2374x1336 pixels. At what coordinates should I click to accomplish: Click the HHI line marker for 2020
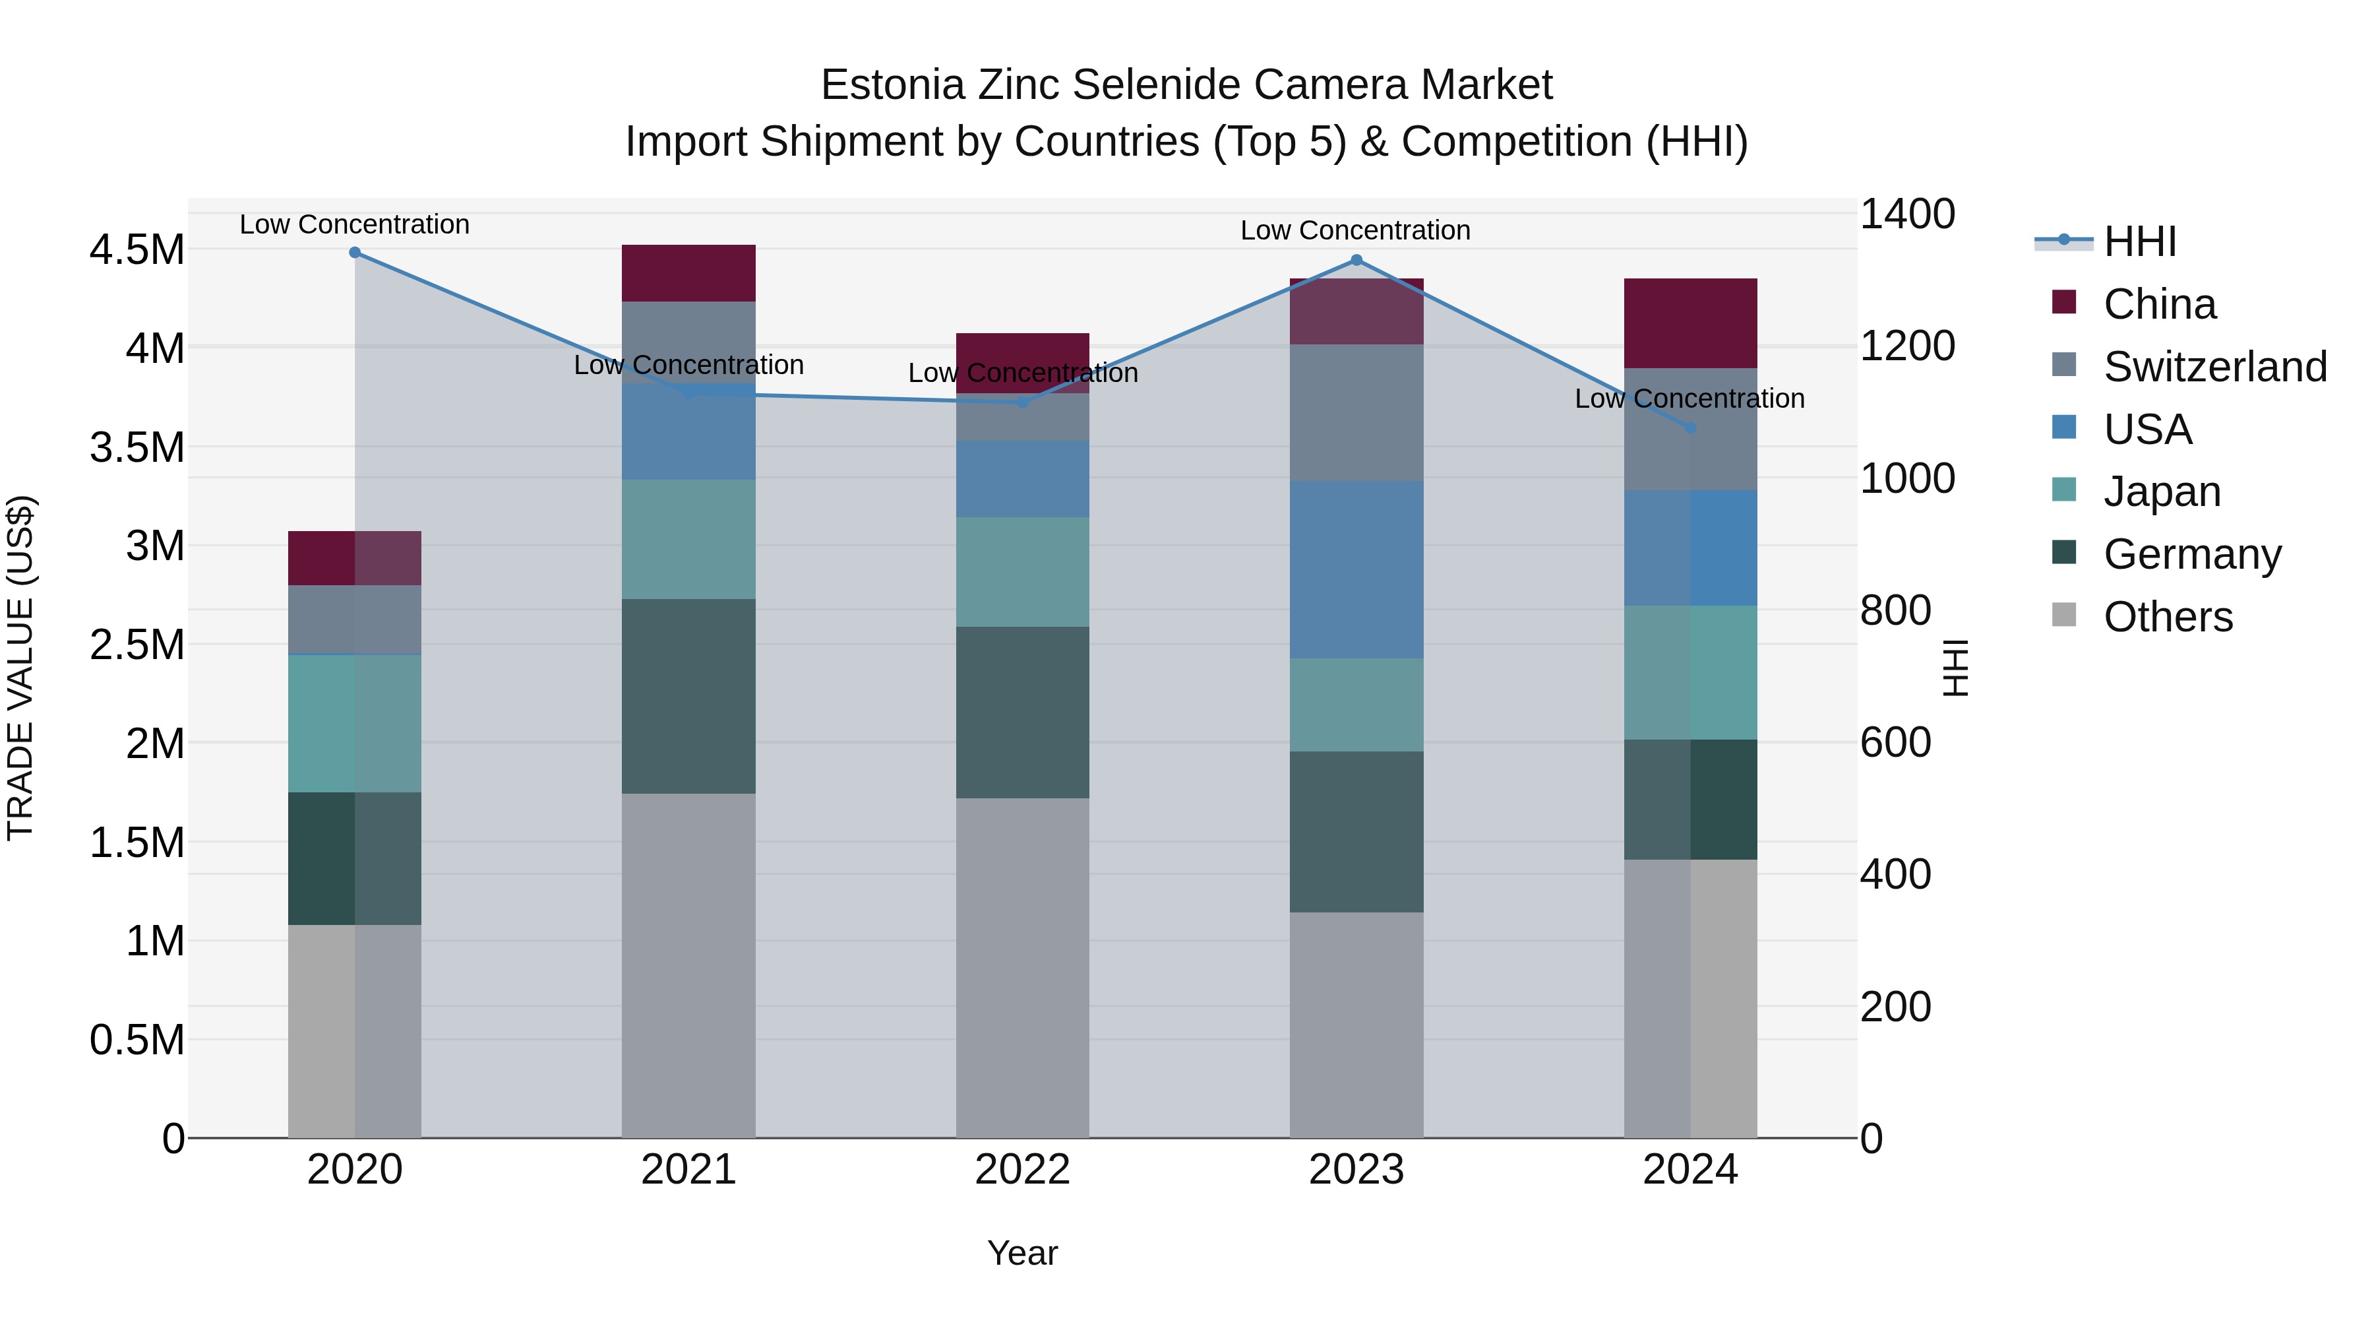[x=355, y=253]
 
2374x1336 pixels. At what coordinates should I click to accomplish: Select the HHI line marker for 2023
[x=1356, y=260]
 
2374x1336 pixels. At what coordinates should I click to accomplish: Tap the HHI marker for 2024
[x=1690, y=428]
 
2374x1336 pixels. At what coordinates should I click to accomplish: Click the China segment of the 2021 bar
[x=688, y=273]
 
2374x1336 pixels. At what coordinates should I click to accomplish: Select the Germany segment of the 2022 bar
[x=1022, y=712]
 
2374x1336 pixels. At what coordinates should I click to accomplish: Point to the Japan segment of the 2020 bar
[x=355, y=723]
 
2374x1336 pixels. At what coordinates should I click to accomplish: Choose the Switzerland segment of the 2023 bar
[x=1356, y=412]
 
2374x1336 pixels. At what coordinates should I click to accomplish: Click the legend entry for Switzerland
[x=2214, y=367]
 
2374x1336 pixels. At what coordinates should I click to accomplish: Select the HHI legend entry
[x=2138, y=241]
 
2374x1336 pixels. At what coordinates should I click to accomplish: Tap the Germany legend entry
[x=2191, y=554]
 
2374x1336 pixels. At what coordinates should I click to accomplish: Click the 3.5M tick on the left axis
[x=137, y=448]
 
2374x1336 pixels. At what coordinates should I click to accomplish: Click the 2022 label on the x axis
[x=1022, y=1170]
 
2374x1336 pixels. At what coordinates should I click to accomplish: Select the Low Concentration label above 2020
[x=355, y=225]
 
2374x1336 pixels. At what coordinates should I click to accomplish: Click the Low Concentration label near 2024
[x=1689, y=398]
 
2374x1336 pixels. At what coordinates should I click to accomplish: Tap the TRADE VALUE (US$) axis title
[x=20, y=668]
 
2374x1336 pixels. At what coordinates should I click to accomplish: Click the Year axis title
[x=1022, y=1253]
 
